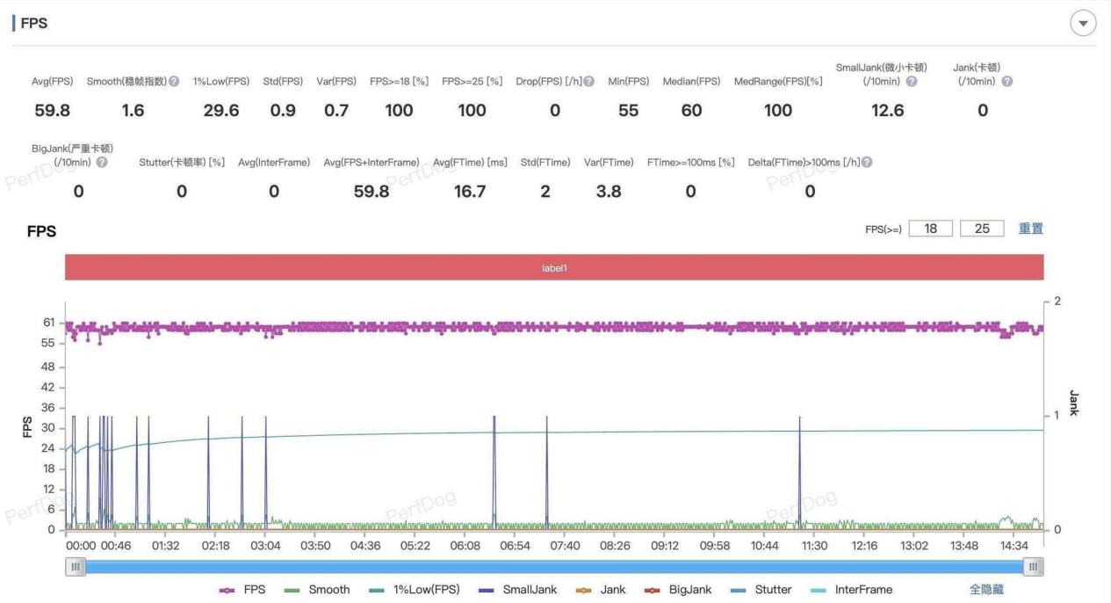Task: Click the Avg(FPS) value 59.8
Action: (x=51, y=110)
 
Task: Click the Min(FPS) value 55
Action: (x=628, y=110)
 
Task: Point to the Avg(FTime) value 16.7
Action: (x=470, y=192)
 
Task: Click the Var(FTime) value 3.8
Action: (x=609, y=192)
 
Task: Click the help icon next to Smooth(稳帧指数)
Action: (x=174, y=82)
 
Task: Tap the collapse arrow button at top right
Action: (x=1083, y=24)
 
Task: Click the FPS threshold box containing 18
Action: (x=931, y=229)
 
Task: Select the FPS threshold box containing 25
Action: (x=982, y=229)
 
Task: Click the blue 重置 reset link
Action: (x=1031, y=229)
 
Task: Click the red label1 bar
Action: (x=554, y=267)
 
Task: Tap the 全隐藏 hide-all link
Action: (x=986, y=590)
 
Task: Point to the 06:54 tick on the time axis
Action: (x=515, y=546)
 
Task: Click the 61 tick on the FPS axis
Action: (x=48, y=323)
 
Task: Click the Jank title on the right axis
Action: (x=1073, y=403)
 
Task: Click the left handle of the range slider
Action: (x=76, y=567)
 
